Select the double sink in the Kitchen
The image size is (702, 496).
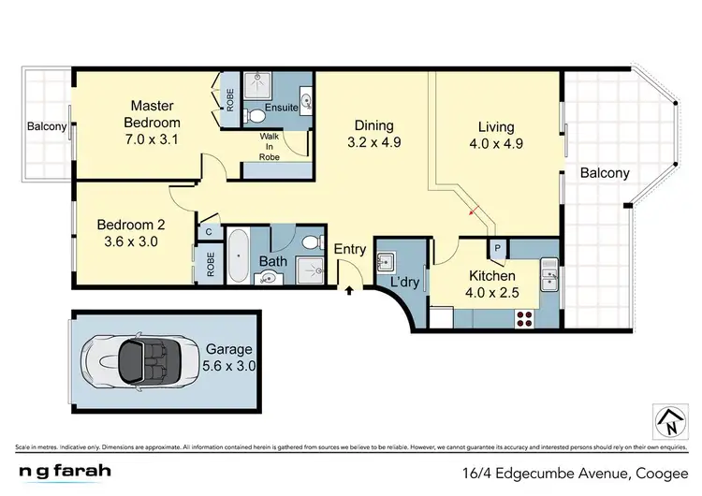[549, 277]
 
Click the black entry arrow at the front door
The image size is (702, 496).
[350, 291]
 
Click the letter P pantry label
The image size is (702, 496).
[498, 249]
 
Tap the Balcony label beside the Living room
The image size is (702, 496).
[604, 172]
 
